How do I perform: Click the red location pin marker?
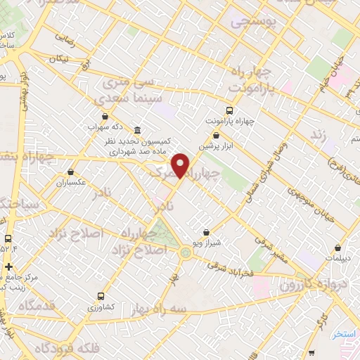(x=181, y=165)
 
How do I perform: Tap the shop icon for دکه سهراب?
(x=105, y=117)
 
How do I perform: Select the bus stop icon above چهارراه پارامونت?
(x=229, y=111)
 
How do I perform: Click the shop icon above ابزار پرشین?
(x=216, y=134)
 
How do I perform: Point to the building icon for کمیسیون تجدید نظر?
(x=136, y=131)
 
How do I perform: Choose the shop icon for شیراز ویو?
(x=205, y=232)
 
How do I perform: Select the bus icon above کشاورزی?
(x=101, y=296)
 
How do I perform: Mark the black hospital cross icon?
(x=8, y=266)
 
